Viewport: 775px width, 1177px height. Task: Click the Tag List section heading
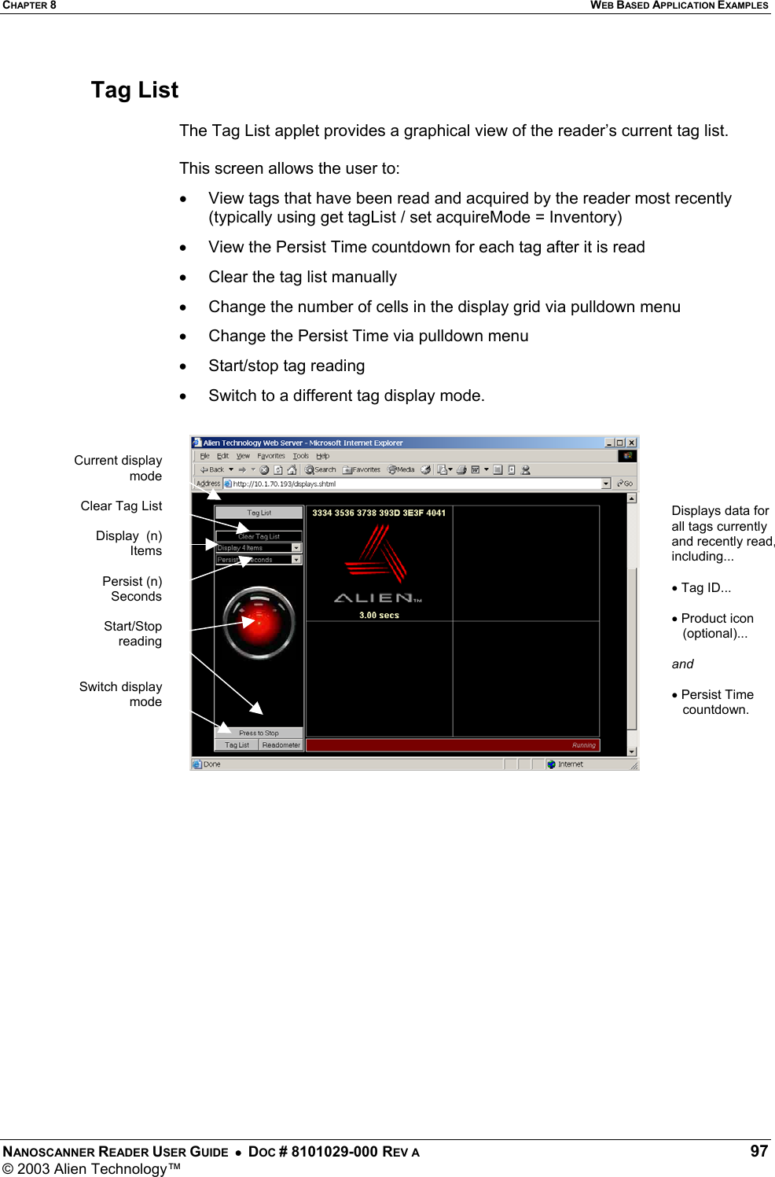point(134,90)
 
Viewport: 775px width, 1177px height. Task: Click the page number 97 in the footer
point(758,1151)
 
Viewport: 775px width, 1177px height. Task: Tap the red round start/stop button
point(259,623)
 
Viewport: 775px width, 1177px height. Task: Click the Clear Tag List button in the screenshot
point(259,536)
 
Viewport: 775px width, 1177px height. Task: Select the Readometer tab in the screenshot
point(281,745)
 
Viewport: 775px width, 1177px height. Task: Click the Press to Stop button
point(259,733)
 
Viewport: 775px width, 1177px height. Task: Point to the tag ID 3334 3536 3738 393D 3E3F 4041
point(379,513)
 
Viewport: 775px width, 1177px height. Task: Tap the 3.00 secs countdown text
point(379,615)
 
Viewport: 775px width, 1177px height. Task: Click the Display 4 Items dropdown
point(259,548)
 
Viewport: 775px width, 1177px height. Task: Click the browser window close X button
point(631,443)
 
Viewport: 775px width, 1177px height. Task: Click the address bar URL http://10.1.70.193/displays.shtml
point(285,484)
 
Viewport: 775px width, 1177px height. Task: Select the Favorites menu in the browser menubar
point(271,456)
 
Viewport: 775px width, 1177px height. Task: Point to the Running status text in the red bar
point(583,745)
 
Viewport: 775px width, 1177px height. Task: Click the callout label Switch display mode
point(121,693)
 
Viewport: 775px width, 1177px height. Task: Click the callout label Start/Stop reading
point(133,633)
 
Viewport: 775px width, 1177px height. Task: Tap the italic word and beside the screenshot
point(682,664)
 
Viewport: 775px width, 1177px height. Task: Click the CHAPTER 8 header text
point(29,6)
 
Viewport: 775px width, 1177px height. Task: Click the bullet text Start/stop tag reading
point(286,366)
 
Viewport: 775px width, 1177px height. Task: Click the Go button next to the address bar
point(625,484)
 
